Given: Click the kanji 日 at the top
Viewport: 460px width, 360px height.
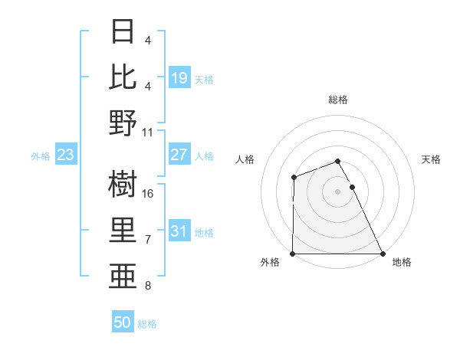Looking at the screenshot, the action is pyautogui.click(x=123, y=31).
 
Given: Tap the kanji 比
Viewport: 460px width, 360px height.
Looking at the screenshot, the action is pyautogui.click(x=123, y=77).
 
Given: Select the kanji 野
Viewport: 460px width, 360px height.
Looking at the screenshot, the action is pyautogui.click(x=123, y=123).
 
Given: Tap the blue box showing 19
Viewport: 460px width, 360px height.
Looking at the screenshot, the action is pyautogui.click(x=179, y=78).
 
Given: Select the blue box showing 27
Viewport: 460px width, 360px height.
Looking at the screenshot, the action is pyautogui.click(x=179, y=155).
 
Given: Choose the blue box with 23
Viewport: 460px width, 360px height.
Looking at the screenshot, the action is pyautogui.click(x=66, y=155).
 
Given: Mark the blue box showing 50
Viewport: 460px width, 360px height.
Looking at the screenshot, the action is pyautogui.click(x=123, y=322).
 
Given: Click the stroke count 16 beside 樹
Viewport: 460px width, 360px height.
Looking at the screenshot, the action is pyautogui.click(x=149, y=194).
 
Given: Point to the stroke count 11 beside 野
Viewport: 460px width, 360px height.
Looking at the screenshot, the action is pyautogui.click(x=148, y=132).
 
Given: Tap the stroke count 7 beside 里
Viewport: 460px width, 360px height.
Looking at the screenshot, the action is pyautogui.click(x=148, y=240).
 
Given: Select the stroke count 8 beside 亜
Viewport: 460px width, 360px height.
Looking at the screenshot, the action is pyautogui.click(x=148, y=286).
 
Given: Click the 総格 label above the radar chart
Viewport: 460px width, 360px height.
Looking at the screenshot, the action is pyautogui.click(x=337, y=100).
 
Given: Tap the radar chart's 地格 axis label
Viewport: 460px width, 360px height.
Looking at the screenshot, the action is pyautogui.click(x=402, y=263).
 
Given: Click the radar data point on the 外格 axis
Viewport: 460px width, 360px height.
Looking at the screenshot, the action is pyautogui.click(x=293, y=254).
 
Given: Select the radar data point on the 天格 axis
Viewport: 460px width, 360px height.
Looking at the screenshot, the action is pyautogui.click(x=352, y=187).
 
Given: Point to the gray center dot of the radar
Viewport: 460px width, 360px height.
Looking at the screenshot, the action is pyautogui.click(x=337, y=191).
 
